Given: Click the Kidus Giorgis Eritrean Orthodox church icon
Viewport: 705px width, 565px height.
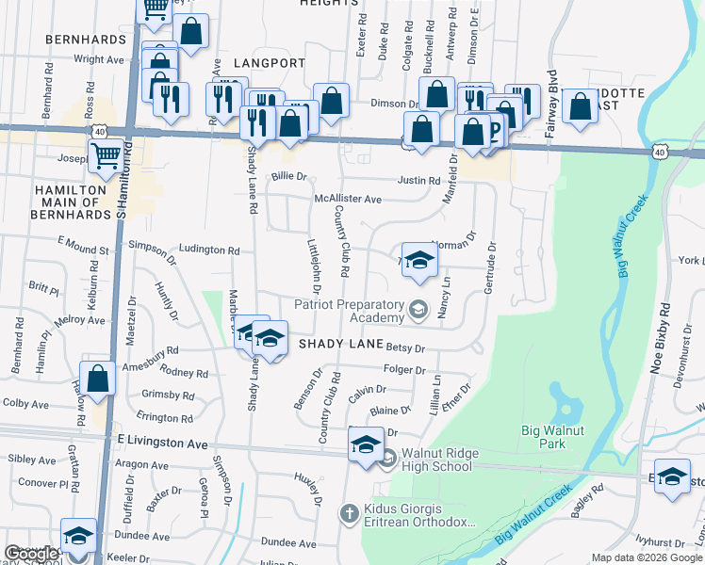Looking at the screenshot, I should pyautogui.click(x=349, y=514).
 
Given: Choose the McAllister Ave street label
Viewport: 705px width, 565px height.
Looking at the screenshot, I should pyautogui.click(x=348, y=200).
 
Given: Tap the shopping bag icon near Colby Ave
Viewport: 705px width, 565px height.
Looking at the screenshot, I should pyautogui.click(x=98, y=378).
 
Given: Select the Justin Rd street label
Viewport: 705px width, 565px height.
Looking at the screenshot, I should pyautogui.click(x=418, y=181).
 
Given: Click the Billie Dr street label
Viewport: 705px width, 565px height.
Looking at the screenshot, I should pyautogui.click(x=289, y=176).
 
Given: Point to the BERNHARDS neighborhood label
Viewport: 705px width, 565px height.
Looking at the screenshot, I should pyautogui.click(x=85, y=40).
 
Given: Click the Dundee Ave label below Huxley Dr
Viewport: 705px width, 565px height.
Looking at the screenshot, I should pyautogui.click(x=288, y=543).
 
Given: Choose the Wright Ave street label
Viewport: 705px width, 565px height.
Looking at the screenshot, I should pyautogui.click(x=99, y=58).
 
